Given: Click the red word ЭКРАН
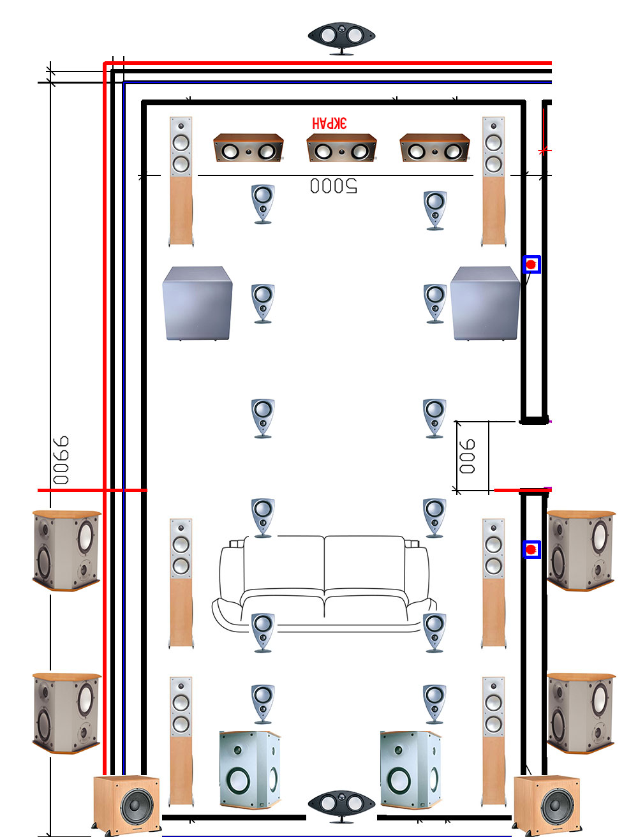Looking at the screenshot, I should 329,122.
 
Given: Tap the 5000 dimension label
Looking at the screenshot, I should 334,186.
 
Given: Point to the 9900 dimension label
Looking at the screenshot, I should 61,461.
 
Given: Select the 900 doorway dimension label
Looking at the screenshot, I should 468,456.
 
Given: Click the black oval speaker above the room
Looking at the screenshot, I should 341,37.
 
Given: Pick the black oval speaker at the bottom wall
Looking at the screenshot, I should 341,805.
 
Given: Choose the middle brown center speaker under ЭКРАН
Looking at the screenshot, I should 341,148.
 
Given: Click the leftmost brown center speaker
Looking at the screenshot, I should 248,148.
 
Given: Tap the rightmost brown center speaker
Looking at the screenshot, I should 434,148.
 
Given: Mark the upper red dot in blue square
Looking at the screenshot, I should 531,264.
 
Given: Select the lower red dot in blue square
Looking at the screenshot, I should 531,549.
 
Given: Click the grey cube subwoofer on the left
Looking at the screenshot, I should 197,303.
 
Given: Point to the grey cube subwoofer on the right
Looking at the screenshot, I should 485,303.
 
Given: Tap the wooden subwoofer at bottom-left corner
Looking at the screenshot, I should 126,804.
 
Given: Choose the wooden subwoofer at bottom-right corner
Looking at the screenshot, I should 547,804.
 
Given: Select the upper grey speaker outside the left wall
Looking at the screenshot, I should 66,550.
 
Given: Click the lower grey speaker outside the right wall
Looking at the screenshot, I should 581,713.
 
